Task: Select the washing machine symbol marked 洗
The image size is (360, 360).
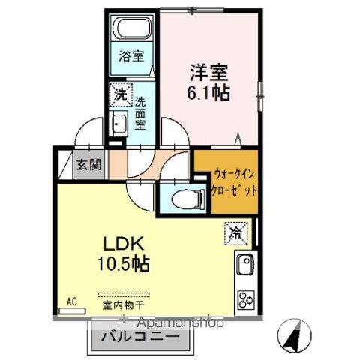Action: coord(120,94)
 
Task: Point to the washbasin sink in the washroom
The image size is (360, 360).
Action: coord(118,124)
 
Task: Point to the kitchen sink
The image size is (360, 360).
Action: coord(245,265)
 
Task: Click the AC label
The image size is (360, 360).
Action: coord(72,301)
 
